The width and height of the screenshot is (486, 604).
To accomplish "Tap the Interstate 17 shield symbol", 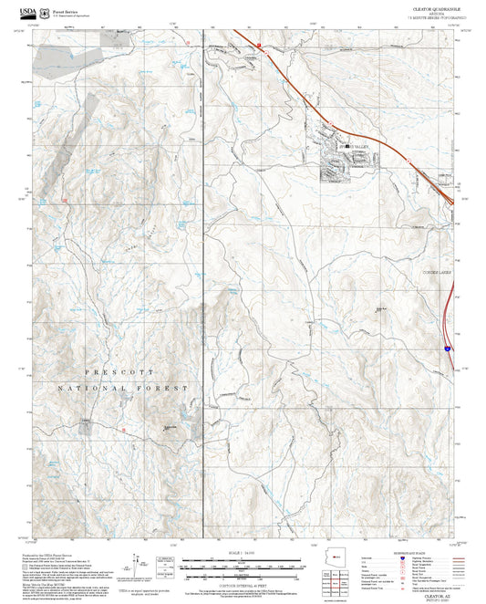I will pos(448,349).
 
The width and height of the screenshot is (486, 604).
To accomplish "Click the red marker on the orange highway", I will pos(259,44).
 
